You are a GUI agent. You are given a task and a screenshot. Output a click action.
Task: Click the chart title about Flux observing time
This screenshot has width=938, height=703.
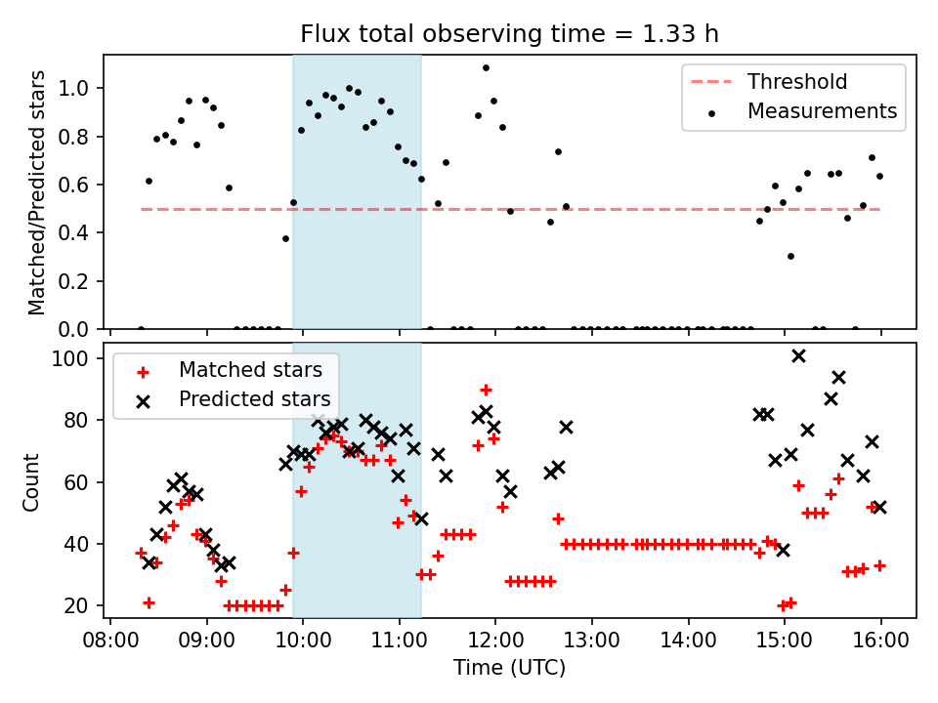pos(508,34)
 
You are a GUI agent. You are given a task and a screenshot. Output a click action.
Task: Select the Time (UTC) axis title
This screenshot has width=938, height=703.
pos(509,669)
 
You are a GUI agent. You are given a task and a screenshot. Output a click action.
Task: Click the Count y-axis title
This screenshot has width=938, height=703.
pos(32,481)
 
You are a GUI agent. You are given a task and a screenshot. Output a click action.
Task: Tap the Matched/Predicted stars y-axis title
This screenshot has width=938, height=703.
pos(37,192)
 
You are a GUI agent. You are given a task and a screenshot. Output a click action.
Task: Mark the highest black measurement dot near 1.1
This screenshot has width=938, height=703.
pos(486,68)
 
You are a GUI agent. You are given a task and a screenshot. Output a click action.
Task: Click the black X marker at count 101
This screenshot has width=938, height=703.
pos(798,355)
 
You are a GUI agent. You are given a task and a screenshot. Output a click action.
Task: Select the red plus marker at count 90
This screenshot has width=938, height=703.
pos(486,390)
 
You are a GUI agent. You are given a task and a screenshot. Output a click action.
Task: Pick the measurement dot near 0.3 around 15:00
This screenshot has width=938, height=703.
pos(790,256)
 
